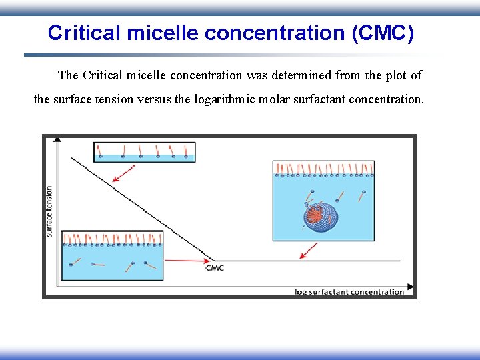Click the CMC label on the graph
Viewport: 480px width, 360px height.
tap(215, 268)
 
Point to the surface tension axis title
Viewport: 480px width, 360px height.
tap(49, 211)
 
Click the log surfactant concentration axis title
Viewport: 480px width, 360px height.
tap(349, 292)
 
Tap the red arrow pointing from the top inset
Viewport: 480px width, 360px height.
tap(123, 173)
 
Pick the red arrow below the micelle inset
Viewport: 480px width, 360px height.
tap(308, 251)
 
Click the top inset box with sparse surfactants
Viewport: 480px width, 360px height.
tap(144, 151)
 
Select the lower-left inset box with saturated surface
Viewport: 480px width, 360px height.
tap(112, 256)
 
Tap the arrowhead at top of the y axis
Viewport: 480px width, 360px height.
tap(57, 139)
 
